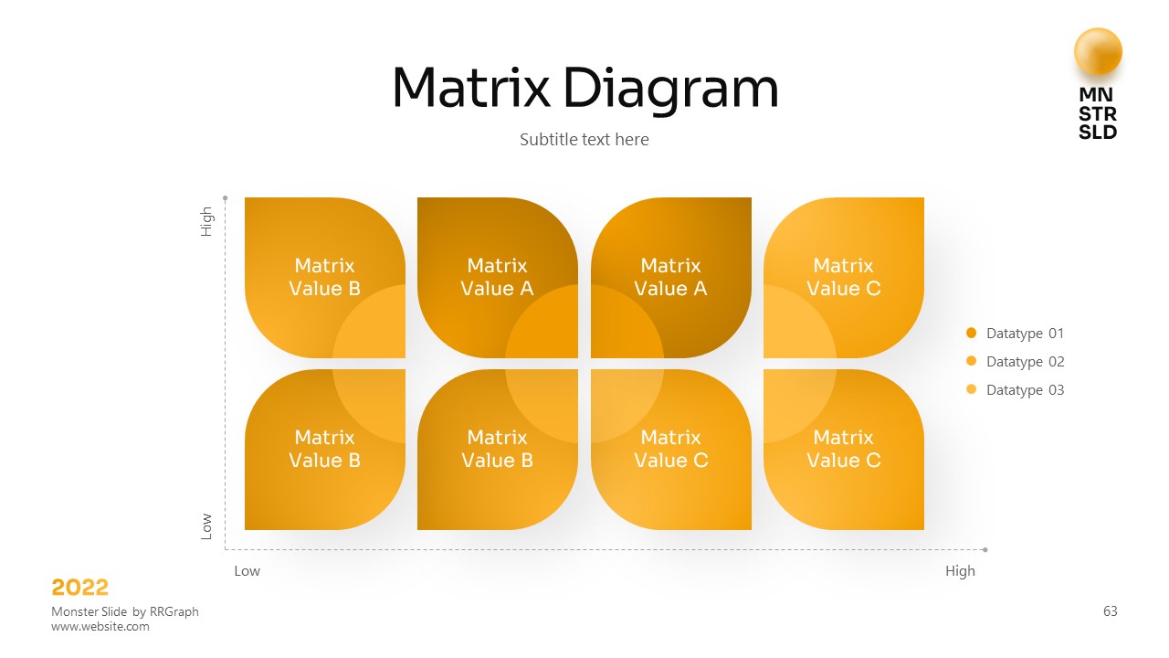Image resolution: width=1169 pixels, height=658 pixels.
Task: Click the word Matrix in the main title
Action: point(470,89)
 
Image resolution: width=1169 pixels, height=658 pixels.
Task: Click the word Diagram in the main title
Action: point(670,90)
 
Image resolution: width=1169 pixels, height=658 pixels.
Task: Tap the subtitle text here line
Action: point(584,140)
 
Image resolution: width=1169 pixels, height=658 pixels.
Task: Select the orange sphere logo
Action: point(1098,52)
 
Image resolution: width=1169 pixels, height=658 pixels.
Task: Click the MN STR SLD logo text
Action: point(1098,113)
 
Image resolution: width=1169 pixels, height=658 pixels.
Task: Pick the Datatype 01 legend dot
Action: point(971,334)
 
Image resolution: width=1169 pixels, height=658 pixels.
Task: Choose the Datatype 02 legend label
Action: point(1025,362)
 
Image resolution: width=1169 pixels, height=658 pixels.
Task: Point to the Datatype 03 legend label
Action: point(1025,390)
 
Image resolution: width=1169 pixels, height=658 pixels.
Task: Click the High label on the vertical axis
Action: point(207,222)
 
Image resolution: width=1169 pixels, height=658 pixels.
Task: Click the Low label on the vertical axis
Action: point(207,525)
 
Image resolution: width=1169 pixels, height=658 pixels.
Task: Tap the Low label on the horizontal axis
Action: point(247,571)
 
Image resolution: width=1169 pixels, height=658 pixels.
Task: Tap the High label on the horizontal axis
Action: point(960,571)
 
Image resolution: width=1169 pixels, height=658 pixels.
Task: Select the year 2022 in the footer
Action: point(80,588)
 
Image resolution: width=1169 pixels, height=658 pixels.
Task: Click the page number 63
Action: point(1111,611)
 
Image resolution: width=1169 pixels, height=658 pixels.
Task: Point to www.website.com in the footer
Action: point(100,627)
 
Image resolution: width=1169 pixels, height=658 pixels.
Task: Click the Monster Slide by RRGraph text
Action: point(125,611)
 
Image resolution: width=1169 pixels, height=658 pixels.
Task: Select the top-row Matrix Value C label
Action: point(843,277)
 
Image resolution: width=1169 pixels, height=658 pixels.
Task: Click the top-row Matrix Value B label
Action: point(324,277)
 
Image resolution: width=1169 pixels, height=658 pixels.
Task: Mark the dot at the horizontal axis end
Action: point(985,550)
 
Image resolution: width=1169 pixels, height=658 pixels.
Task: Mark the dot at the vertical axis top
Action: point(225,196)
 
